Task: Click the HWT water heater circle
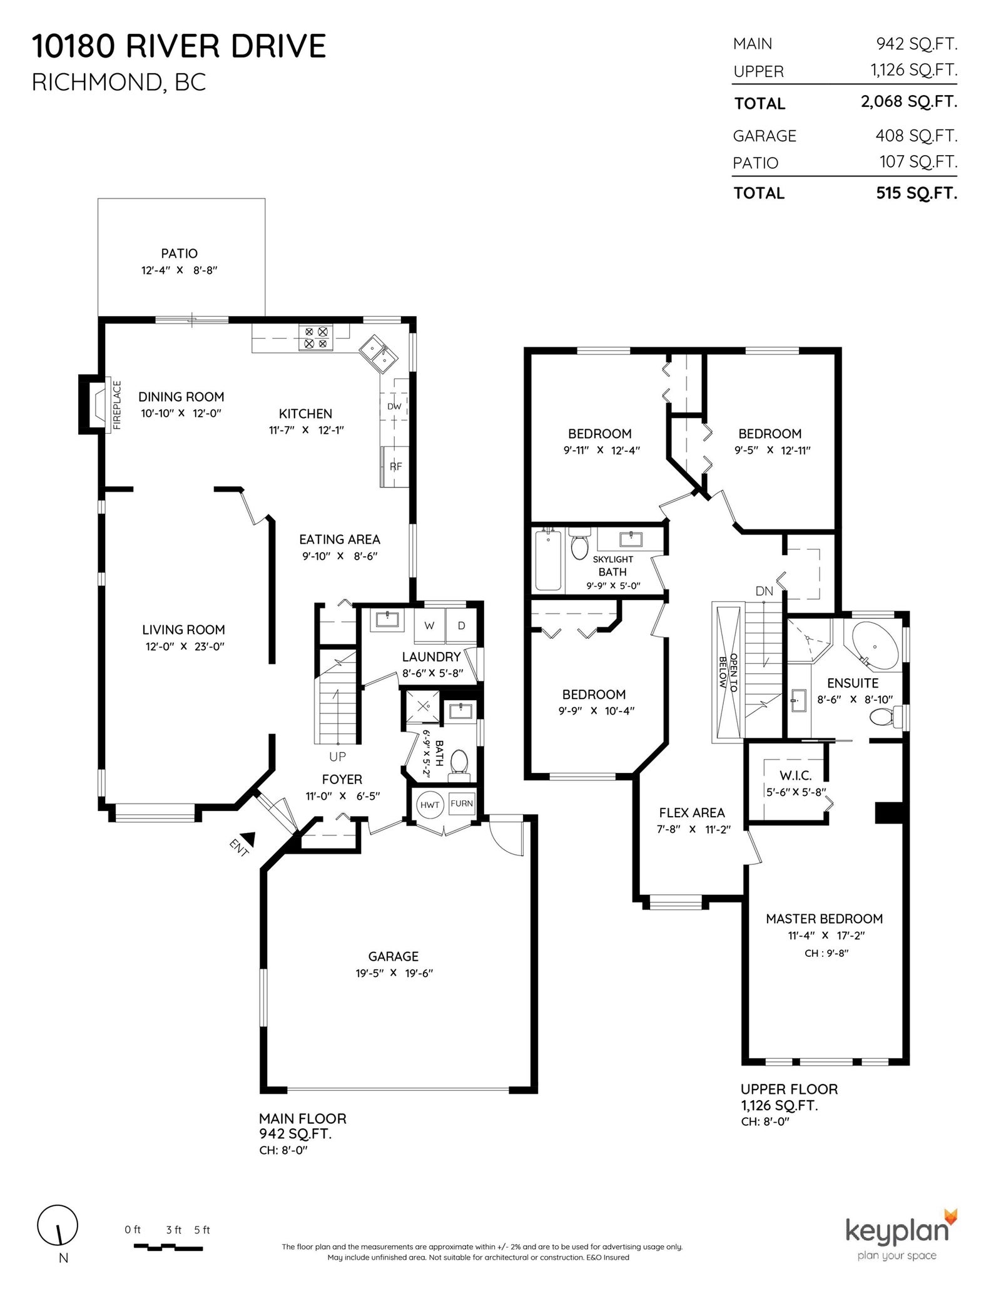(430, 805)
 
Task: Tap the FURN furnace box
(462, 804)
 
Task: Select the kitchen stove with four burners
(315, 338)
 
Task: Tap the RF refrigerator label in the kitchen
(396, 466)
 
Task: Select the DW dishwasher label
(394, 406)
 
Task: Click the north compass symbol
(58, 1243)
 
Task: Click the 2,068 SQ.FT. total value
(909, 102)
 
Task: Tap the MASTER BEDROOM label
(824, 919)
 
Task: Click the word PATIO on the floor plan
(180, 253)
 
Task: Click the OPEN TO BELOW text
(728, 671)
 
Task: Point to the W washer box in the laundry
(429, 625)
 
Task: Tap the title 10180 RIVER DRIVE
(179, 46)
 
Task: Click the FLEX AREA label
(692, 813)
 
